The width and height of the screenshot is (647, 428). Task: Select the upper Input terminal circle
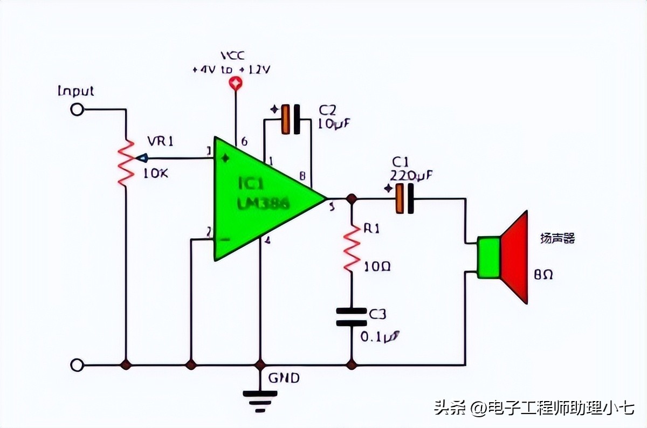77,109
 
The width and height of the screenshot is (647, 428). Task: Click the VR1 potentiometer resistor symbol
126,162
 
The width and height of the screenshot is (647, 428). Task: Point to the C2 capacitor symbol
291,119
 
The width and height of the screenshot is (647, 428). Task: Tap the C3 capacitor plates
352,317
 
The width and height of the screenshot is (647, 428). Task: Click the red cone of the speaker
515,257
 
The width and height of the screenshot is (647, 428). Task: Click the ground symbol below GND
260,399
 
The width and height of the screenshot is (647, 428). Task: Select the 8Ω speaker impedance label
543,275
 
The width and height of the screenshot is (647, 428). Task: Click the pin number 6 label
244,142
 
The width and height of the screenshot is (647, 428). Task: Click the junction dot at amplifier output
352,198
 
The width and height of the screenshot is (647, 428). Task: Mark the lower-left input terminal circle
77,365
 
